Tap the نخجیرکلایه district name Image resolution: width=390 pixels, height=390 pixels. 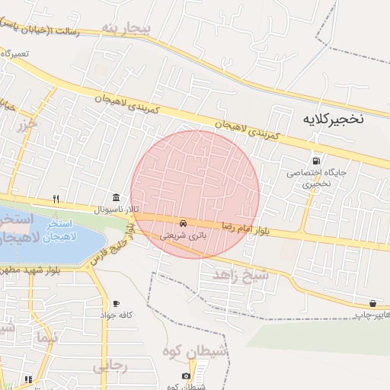(334, 120)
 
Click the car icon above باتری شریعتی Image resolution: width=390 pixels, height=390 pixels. (184, 223)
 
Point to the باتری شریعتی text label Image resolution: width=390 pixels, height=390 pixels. (183, 236)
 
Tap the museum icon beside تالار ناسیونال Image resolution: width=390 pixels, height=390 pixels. (116, 197)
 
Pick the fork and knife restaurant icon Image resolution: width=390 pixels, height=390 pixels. (56, 199)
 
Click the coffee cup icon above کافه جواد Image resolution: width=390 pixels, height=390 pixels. (116, 303)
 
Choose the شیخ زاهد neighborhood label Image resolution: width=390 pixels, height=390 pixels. (241, 275)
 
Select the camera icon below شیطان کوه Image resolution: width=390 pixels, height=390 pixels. (187, 376)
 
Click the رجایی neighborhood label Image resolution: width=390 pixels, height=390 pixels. (110, 366)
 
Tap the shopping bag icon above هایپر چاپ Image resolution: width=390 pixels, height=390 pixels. (372, 303)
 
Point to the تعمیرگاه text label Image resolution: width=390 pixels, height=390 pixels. (14, 54)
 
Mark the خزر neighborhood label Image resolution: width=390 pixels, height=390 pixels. (30, 125)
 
